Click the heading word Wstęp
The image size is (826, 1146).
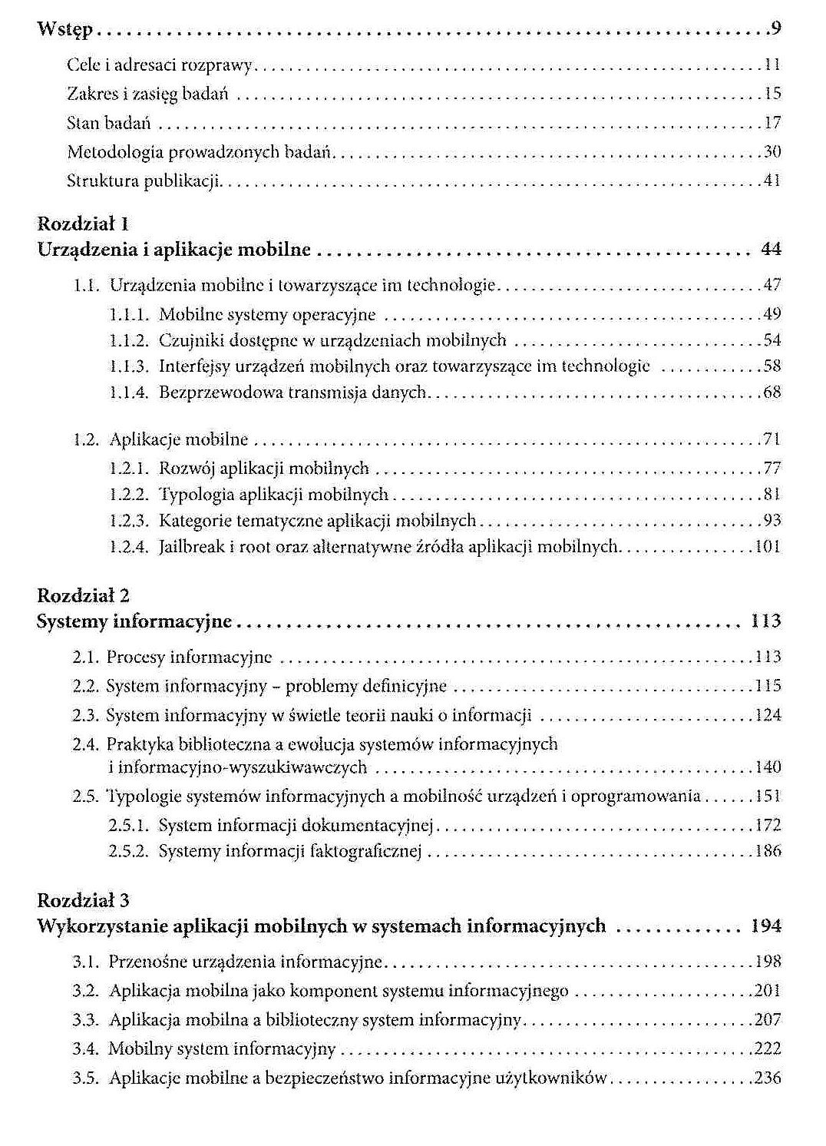[x=64, y=31]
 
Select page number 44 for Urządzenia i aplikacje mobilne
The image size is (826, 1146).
[x=770, y=250]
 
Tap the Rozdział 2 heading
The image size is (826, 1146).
[x=83, y=595]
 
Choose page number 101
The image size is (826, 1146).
[x=768, y=547]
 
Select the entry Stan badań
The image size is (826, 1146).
[x=108, y=123]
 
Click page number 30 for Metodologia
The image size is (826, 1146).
[x=772, y=152]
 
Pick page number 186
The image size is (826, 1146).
[x=768, y=851]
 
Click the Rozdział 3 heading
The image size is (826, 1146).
[x=83, y=899]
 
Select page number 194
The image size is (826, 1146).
[x=765, y=926]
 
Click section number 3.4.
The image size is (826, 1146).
[x=86, y=1049]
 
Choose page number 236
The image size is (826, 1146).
[x=768, y=1078]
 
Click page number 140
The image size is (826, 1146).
[x=768, y=767]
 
